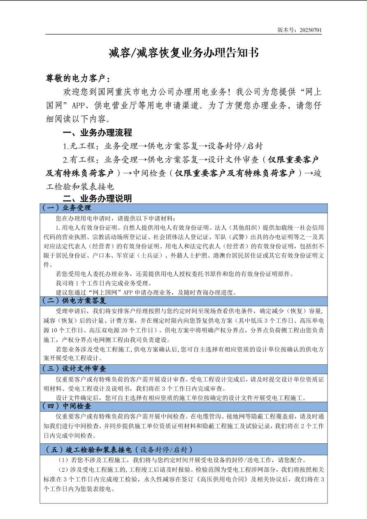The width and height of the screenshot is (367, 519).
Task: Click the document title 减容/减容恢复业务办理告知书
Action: click(x=183, y=53)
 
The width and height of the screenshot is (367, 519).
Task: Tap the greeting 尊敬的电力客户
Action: click(x=78, y=79)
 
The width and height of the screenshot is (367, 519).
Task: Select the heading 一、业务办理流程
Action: click(x=97, y=133)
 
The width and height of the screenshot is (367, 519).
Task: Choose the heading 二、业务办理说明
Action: click(x=97, y=198)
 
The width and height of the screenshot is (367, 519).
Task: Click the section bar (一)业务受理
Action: click(x=67, y=208)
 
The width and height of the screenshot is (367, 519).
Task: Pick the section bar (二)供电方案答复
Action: click(x=74, y=301)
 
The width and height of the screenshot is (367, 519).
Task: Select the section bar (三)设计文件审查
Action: click(x=74, y=368)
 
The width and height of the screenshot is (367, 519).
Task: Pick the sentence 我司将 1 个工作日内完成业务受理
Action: click(x=104, y=283)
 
